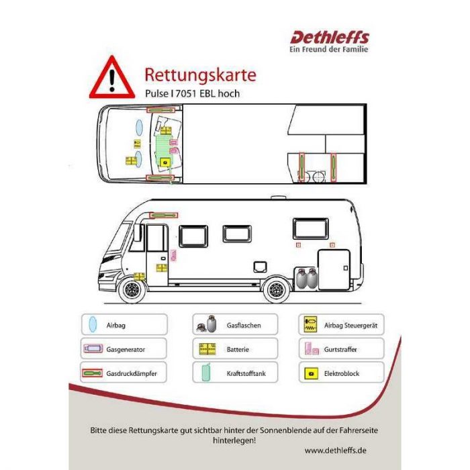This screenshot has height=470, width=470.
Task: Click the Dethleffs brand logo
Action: click(x=330, y=38)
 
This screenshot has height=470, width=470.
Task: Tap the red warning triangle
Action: click(x=112, y=78)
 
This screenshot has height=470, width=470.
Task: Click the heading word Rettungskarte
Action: click(x=200, y=75)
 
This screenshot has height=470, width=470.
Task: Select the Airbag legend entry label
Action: click(x=115, y=325)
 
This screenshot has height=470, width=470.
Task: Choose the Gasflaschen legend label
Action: click(x=244, y=325)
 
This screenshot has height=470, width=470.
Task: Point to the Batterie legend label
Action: click(x=238, y=350)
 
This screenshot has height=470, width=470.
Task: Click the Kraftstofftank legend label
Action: click(x=246, y=373)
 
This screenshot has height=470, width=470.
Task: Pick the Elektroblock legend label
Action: click(x=341, y=373)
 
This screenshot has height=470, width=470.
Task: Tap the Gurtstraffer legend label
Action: click(x=340, y=350)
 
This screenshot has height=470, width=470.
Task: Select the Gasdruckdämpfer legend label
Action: click(x=132, y=373)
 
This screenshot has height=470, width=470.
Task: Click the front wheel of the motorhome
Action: click(x=132, y=289)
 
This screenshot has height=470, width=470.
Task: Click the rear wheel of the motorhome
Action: click(x=276, y=289)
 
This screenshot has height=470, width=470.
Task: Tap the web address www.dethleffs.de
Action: click(x=336, y=451)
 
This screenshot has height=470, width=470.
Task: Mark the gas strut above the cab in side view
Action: click(x=164, y=216)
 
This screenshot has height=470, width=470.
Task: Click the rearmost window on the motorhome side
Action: click(x=310, y=229)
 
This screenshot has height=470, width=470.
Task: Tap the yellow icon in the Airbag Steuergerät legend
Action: click(x=310, y=324)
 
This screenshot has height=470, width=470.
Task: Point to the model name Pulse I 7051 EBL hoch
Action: click(x=193, y=93)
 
